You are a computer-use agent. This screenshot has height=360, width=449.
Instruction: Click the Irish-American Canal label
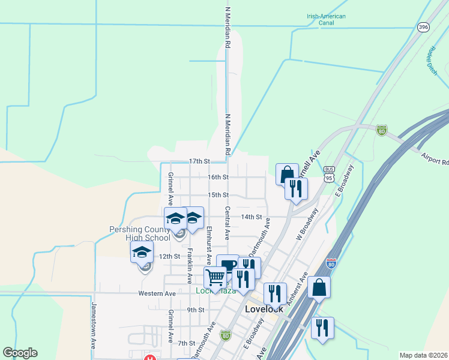(326, 20)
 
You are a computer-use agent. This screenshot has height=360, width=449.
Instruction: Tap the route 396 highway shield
(423, 28)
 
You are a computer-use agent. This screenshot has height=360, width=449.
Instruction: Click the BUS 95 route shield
(328, 174)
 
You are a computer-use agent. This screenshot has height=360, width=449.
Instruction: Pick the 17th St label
(199, 161)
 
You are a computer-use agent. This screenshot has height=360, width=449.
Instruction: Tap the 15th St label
(218, 195)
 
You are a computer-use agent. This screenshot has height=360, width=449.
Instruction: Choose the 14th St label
(252, 217)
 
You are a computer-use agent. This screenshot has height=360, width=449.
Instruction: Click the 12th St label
(169, 256)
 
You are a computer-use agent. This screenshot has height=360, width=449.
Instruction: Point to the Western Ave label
(157, 293)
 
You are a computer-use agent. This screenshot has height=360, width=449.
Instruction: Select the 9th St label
(196, 310)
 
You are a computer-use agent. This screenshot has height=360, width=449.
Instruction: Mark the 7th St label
(187, 343)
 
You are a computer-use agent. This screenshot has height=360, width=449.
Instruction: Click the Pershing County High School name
(139, 233)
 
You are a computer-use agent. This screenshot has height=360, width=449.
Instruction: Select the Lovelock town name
(264, 308)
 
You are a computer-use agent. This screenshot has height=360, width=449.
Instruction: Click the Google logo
(20, 353)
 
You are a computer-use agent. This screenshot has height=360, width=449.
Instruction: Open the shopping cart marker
(215, 277)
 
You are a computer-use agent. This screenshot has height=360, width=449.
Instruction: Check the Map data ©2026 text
(423, 355)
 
